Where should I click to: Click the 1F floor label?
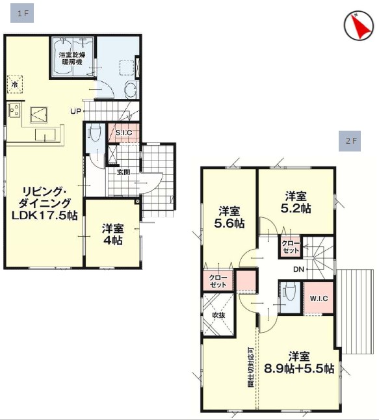coord(22,13)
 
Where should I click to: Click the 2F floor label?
coord(350,141)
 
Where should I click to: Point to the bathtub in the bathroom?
coord(62,56)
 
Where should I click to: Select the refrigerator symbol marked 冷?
coord(15,85)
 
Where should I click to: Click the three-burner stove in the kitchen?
coord(14,110)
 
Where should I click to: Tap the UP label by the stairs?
coord(75,111)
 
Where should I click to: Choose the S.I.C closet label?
coord(124,133)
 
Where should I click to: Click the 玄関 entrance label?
coord(124,172)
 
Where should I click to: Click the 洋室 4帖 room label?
coord(112,235)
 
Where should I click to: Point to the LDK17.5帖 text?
coord(44,215)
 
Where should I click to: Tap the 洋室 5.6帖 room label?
coord(229,217)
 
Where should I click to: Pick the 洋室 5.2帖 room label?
coord(296,202)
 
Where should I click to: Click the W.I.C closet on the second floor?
coord(319,298)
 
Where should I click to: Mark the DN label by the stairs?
coord(298,269)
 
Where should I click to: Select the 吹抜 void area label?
coord(218,315)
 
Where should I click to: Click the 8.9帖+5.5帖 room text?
coord(299,369)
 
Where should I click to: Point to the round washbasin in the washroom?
coord(131,90)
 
